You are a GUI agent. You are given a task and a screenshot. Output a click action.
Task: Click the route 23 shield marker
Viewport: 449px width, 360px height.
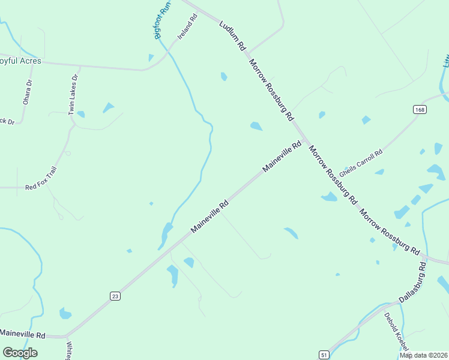(x=115, y=295)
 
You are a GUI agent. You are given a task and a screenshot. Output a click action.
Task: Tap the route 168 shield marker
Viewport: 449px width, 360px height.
(x=420, y=109)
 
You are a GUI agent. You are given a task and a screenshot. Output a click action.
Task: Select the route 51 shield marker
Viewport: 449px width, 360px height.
(x=324, y=354)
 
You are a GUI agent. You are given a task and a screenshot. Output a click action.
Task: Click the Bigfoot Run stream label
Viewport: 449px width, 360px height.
(x=163, y=20)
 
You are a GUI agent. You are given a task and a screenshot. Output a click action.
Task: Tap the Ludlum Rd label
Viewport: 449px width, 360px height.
(x=233, y=35)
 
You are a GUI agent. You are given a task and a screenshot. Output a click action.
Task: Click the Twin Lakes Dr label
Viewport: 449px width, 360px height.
(x=74, y=94)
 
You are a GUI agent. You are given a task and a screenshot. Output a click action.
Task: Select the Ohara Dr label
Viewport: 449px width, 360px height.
(x=27, y=92)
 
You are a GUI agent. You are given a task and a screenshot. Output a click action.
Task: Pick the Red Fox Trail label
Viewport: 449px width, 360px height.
(x=40, y=179)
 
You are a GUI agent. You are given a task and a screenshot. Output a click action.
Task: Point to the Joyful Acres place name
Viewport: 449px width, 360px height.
(x=20, y=61)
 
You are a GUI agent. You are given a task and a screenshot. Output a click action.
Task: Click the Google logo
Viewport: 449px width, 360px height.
(x=20, y=353)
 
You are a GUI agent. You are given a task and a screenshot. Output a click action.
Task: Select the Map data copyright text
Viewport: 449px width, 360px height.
(x=423, y=355)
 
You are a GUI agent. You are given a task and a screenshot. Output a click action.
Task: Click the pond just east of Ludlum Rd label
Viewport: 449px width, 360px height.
(x=224, y=76)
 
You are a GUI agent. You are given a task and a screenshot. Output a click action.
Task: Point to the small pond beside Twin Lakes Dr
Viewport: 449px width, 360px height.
(x=80, y=114)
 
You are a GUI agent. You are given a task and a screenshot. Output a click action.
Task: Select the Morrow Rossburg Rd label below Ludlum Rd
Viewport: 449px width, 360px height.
(x=271, y=89)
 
